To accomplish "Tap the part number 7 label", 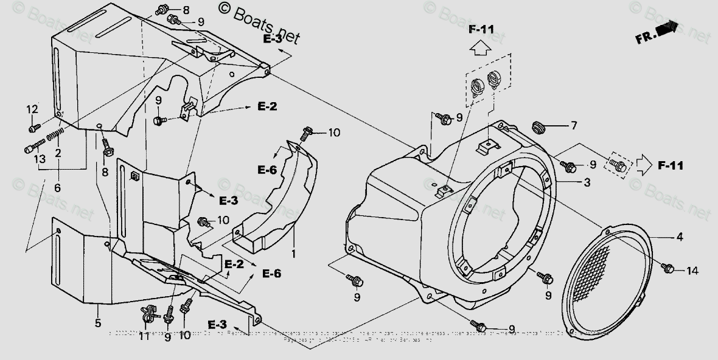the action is tap(573, 126).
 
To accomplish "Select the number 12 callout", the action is tap(32, 109).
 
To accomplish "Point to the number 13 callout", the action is tap(39, 159).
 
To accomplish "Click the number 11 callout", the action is tap(144, 335).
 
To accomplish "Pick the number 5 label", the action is tap(57, 188).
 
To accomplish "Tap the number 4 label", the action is tap(679, 238).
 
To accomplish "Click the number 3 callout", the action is tap(587, 182).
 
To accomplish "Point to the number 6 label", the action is tap(57, 188).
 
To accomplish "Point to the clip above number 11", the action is tap(148, 313).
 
